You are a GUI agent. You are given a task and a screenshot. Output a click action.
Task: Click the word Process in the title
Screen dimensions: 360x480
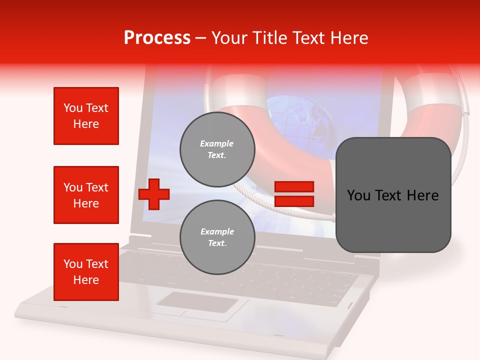tap(157, 38)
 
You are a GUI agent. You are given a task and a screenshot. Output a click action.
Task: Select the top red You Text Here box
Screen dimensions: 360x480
tap(86, 116)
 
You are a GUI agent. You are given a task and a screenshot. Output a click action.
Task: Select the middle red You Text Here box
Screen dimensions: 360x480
tap(86, 195)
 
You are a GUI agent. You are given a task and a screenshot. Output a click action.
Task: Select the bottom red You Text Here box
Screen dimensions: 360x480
tap(86, 272)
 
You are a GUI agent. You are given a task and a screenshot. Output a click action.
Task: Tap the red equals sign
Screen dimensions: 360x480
tap(294, 194)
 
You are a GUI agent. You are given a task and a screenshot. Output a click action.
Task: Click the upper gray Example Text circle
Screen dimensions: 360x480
tap(217, 149)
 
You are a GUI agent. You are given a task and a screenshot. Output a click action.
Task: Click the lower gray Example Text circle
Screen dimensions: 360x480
tap(217, 237)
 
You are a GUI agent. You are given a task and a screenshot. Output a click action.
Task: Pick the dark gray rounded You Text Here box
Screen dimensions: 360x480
tap(393, 195)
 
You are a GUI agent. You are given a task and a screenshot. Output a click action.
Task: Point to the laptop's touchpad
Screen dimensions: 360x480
tap(198, 303)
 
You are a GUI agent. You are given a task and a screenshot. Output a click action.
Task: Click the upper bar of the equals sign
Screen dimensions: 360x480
tap(294, 187)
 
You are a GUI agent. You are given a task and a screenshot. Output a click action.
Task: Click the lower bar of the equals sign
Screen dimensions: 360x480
tap(294, 201)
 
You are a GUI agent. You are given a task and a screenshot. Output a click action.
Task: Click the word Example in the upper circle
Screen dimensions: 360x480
tap(217, 143)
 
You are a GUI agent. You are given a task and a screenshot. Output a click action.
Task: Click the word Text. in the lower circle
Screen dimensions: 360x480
tap(217, 243)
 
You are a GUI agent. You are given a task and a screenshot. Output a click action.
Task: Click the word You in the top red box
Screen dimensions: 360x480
tap(73, 108)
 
